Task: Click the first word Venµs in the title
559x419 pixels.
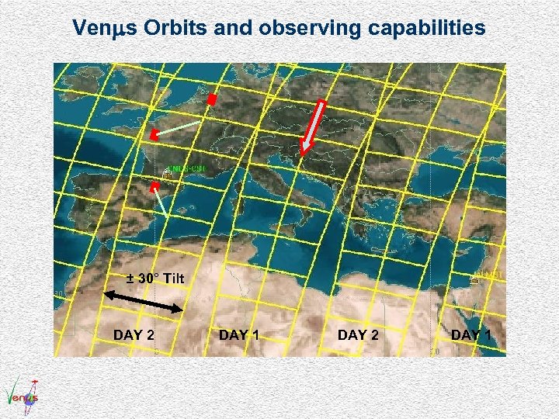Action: point(100,29)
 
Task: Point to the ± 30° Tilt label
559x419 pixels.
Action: point(155,278)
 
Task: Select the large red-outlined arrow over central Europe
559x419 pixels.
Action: point(314,124)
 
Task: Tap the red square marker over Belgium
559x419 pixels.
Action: point(212,99)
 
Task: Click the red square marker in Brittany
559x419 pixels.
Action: point(154,135)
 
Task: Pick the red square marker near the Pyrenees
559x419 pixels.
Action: point(155,187)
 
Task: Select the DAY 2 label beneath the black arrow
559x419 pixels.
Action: point(134,334)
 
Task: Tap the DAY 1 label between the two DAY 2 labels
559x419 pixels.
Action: point(239,334)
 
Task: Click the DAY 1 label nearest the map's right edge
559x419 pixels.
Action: point(476,334)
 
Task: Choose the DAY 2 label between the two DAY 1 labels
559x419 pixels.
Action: point(358,334)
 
